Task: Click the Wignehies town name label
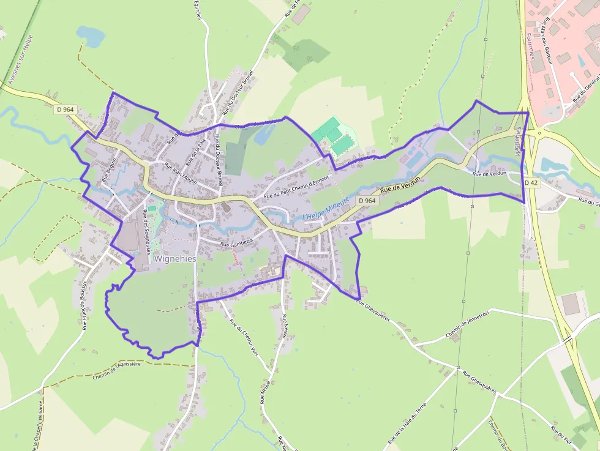175,259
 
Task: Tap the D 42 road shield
530,182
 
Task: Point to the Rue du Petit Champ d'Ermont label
296,187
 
